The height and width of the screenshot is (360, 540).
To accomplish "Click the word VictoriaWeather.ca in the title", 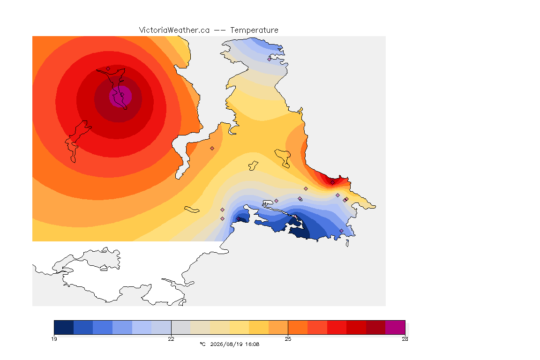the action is pyautogui.click(x=174, y=30).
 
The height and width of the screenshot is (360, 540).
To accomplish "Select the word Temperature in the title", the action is pyautogui.click(x=254, y=30).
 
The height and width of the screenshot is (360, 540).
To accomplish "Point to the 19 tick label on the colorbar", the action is pyautogui.click(x=54, y=339).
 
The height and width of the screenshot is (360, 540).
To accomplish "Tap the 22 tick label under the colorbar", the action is pyautogui.click(x=171, y=339).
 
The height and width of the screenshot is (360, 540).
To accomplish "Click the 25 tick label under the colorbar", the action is pyautogui.click(x=288, y=339).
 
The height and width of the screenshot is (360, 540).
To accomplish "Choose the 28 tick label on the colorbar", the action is pyautogui.click(x=405, y=339).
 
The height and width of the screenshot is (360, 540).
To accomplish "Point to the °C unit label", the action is pyautogui.click(x=202, y=344).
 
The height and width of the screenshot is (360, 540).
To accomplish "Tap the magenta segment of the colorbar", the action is pyautogui.click(x=395, y=327).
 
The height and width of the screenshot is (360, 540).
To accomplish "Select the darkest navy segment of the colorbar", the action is pyautogui.click(x=64, y=327).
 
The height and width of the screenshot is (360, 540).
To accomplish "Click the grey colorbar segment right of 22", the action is pyautogui.click(x=181, y=327).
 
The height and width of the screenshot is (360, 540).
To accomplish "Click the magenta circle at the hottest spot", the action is pyautogui.click(x=120, y=97).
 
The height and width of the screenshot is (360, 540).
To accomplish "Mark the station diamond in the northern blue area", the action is pyautogui.click(x=270, y=59).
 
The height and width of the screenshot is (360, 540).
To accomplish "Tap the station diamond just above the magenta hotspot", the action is pyautogui.click(x=108, y=68).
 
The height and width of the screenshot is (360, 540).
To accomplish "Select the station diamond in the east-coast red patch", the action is pyautogui.click(x=332, y=183).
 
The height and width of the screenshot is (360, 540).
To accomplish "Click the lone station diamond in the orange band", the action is pyautogui.click(x=212, y=149).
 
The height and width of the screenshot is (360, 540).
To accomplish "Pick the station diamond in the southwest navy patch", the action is pyautogui.click(x=238, y=219).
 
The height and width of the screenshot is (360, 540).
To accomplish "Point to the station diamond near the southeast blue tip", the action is pyautogui.click(x=341, y=231).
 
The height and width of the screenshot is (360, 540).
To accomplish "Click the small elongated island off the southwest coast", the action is pyautogui.click(x=192, y=210).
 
